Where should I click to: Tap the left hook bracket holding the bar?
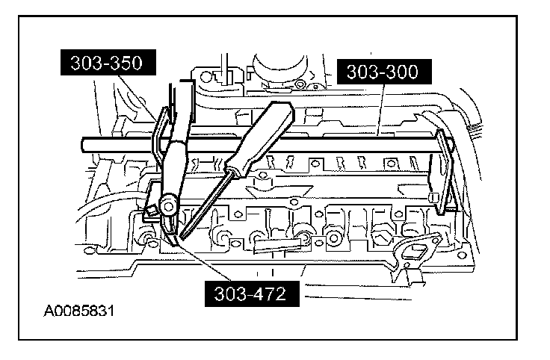(158, 138)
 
